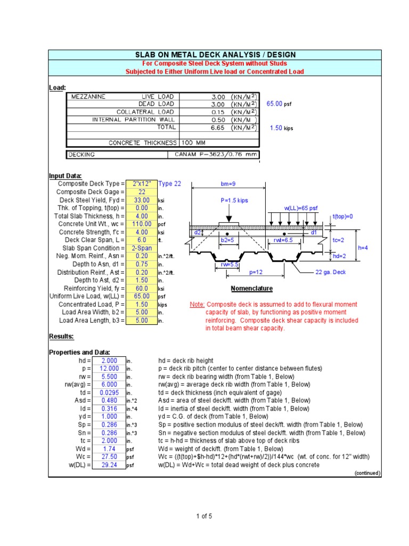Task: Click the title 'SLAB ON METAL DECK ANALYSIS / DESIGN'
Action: (214, 54)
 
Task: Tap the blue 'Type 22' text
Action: (169, 184)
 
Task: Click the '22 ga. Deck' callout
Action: (331, 272)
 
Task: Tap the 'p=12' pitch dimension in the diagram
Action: (257, 272)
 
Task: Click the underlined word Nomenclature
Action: (251, 288)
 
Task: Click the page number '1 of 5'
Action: (203, 516)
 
